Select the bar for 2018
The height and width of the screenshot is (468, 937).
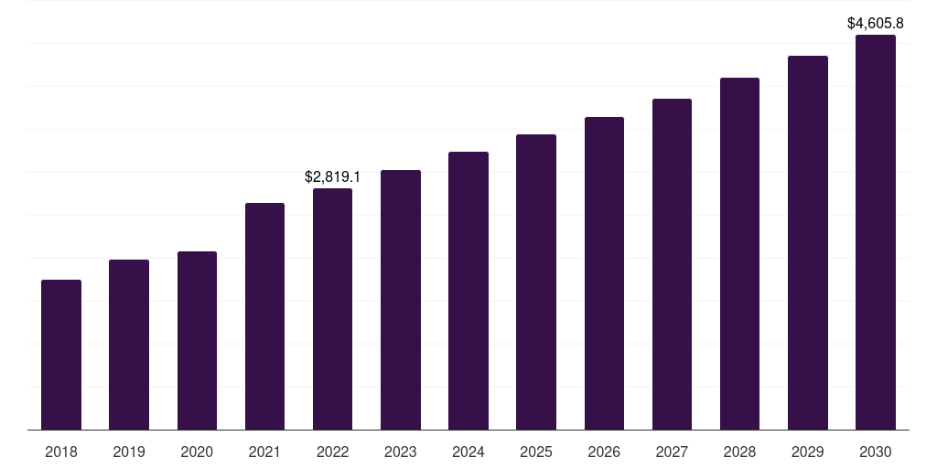(x=61, y=355)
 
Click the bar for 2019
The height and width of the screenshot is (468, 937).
(x=129, y=345)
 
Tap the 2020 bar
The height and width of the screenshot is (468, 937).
(x=197, y=340)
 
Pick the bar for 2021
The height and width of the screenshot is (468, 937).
(x=264, y=316)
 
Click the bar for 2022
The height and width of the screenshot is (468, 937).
(x=332, y=309)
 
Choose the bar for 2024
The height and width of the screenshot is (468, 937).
(x=468, y=291)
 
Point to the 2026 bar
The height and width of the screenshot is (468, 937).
(x=604, y=273)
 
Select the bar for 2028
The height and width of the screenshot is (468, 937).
(x=739, y=254)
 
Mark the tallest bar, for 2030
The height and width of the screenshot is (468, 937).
(x=876, y=232)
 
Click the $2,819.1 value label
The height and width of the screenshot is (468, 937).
(x=332, y=176)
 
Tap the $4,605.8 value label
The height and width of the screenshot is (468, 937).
(x=876, y=23)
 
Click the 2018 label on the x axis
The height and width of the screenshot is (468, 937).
(x=61, y=452)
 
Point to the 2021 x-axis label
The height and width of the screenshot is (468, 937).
(x=264, y=452)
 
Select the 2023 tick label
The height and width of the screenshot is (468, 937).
(x=401, y=452)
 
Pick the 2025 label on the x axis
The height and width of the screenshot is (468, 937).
(x=536, y=452)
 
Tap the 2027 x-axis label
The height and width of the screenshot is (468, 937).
(x=672, y=452)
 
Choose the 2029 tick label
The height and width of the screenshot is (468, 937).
(x=808, y=452)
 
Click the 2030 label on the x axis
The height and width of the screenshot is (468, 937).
(x=876, y=452)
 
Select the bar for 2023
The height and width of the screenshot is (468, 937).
(x=401, y=300)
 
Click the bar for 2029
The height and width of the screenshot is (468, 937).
(x=808, y=243)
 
